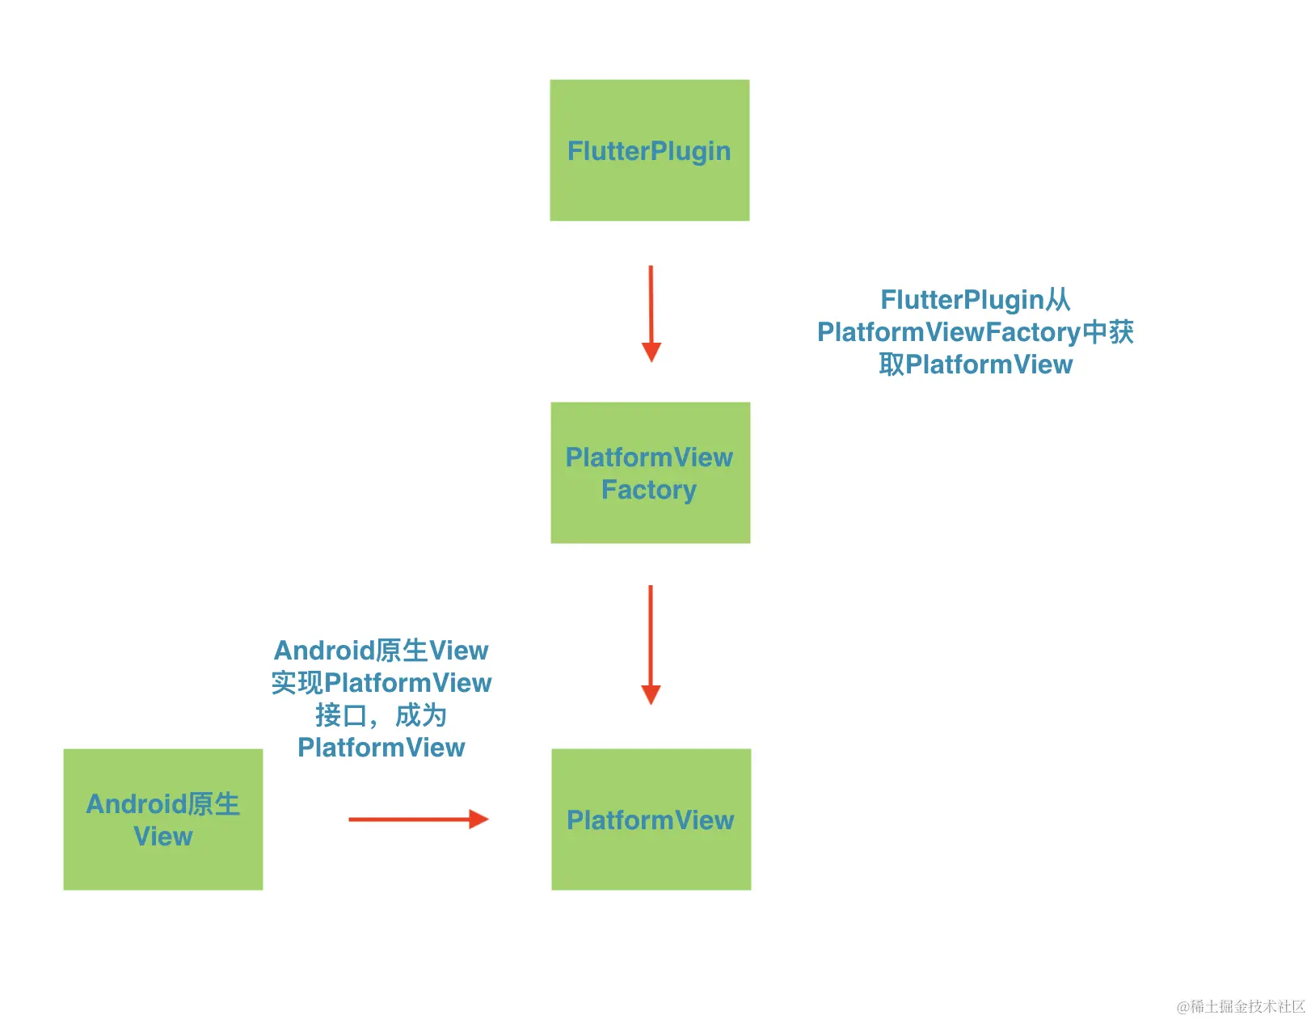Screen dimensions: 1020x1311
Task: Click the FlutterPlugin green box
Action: (649, 150)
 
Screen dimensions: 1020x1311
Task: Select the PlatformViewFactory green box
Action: (650, 473)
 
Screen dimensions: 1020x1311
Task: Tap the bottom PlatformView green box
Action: (651, 819)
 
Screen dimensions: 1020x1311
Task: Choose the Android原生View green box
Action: (162, 819)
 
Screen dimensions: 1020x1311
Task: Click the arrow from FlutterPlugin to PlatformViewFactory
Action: (651, 311)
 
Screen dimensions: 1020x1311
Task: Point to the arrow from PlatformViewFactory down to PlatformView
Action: (651, 643)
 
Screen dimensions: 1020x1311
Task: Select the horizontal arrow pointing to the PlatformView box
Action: (416, 819)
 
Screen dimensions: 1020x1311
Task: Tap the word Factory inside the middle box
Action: (649, 490)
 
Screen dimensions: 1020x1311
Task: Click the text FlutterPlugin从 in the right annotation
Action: (975, 300)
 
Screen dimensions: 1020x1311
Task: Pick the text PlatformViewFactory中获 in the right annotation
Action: (975, 332)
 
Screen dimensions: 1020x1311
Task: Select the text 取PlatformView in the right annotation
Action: (975, 365)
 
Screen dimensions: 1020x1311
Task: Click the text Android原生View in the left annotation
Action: (381, 651)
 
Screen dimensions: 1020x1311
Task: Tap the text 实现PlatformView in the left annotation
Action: (381, 683)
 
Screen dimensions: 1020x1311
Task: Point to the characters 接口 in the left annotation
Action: (341, 715)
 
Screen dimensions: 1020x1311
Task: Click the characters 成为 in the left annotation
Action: (420, 715)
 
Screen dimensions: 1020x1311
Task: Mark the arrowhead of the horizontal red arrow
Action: (478, 819)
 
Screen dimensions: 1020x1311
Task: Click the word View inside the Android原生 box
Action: (162, 837)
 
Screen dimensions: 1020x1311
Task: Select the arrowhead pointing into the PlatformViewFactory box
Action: (651, 352)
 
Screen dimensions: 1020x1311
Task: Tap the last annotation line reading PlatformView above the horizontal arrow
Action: (381, 748)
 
